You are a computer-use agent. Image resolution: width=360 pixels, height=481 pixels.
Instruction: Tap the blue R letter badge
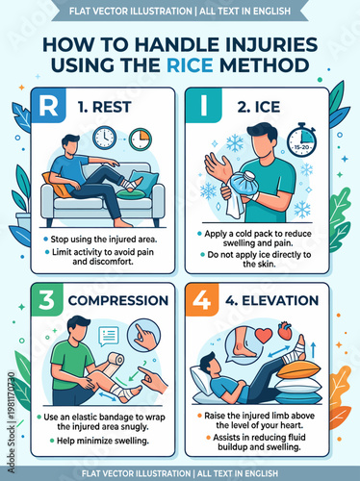click(x=47, y=106)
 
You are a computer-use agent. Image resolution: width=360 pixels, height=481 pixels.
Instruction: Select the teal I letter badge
click(x=201, y=106)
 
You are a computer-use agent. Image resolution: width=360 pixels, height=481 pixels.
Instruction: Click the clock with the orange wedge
click(x=141, y=139)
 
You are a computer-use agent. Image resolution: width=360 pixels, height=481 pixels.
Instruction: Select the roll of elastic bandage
click(x=114, y=363)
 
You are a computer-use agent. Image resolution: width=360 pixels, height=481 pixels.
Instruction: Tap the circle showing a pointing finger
click(x=144, y=336)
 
